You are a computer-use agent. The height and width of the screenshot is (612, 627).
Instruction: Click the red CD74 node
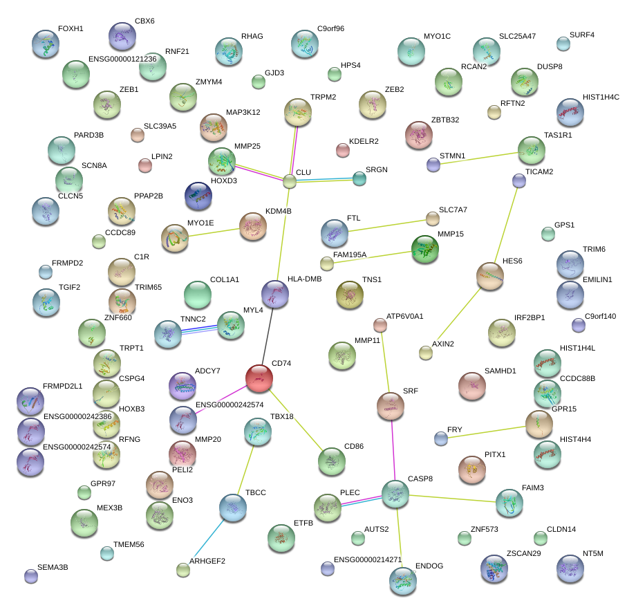(259, 378)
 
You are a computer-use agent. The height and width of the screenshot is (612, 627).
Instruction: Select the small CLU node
(290, 182)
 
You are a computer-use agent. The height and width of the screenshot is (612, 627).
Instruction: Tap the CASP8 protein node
(395, 493)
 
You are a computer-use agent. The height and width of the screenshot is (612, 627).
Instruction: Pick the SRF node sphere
(390, 406)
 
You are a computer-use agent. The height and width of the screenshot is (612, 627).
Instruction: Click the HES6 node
(489, 277)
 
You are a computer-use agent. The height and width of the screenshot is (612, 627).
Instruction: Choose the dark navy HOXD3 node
(198, 196)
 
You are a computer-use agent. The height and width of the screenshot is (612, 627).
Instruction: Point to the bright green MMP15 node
(424, 250)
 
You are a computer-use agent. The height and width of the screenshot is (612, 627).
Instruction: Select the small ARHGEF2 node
(183, 570)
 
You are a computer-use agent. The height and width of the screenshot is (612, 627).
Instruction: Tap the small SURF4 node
(563, 44)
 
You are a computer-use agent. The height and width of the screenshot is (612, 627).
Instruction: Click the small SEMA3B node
(30, 575)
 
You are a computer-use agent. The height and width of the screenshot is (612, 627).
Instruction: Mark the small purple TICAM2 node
(519, 181)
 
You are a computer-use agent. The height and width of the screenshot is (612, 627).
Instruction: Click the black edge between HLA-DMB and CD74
(268, 337)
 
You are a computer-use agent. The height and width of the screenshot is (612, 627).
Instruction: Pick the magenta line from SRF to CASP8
(393, 449)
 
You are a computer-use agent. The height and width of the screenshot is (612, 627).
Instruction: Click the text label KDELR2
(364, 141)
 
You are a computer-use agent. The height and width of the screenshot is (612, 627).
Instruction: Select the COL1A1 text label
(224, 279)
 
